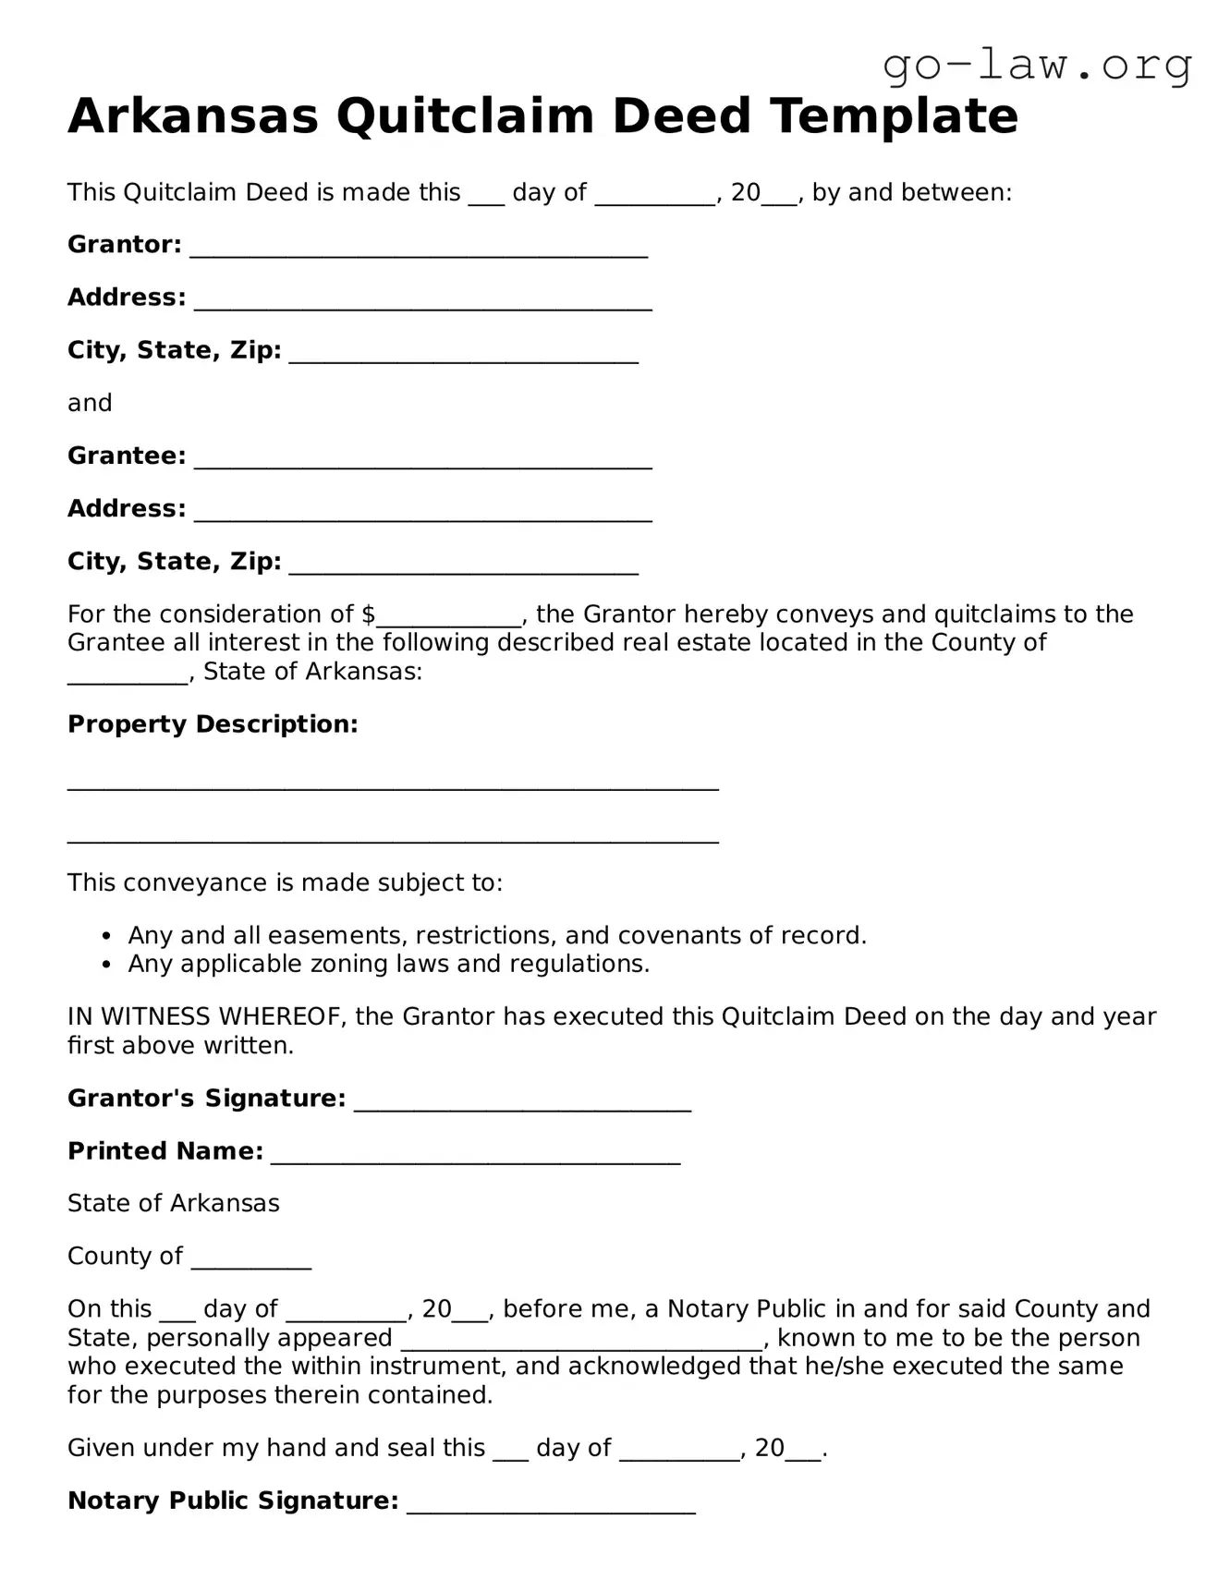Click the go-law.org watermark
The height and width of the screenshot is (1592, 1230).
1037,66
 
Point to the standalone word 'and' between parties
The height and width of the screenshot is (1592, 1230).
90,403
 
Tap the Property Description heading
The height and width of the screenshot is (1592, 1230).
213,724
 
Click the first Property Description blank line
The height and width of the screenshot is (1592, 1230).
393,784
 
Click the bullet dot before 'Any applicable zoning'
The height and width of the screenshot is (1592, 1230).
108,965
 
